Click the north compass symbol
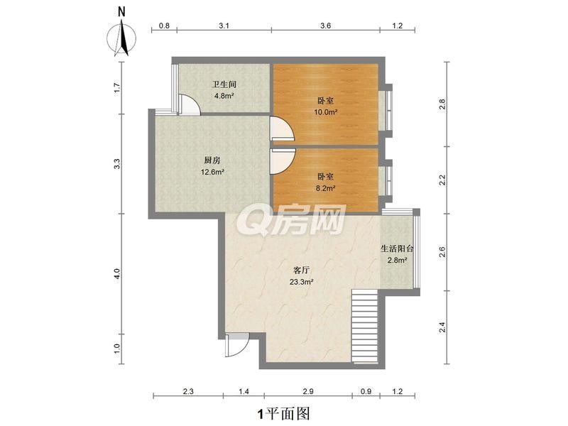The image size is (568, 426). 122,37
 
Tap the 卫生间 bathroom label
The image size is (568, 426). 224,84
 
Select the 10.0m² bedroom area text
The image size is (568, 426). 326,112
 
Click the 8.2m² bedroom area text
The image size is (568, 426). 325,188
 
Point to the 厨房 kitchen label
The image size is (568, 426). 212,160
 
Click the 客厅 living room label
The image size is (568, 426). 301,271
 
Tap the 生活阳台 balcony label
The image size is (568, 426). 397,249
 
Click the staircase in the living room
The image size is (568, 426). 365,327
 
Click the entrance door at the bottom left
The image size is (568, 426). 236,345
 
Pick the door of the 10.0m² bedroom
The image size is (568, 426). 282,129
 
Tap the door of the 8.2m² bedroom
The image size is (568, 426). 283,161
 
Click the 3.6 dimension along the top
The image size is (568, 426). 326,26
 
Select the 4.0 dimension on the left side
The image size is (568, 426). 116,273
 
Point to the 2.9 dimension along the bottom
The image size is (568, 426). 308,391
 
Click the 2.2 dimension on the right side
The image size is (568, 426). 442,180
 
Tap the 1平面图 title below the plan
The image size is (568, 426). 283,413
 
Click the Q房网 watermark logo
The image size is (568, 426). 294,219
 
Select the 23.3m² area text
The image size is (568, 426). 301,281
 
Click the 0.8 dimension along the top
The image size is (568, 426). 164,26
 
